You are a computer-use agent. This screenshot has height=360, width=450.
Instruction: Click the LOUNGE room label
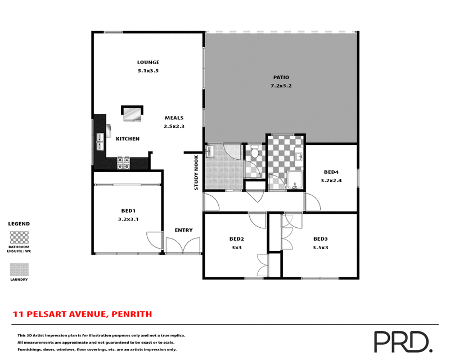(148, 62)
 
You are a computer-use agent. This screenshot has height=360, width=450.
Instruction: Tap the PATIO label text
(281, 77)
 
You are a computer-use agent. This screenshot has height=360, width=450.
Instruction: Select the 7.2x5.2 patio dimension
(281, 86)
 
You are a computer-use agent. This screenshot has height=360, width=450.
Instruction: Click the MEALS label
(174, 118)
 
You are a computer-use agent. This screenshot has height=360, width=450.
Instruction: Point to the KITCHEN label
(128, 139)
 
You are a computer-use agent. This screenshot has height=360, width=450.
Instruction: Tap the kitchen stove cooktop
(123, 163)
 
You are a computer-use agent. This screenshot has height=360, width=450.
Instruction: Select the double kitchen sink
(100, 141)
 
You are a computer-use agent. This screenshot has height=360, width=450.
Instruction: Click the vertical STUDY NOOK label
(196, 173)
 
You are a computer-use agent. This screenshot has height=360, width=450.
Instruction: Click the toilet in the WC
(254, 151)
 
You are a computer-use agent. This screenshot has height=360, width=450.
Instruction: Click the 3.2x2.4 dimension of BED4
(331, 181)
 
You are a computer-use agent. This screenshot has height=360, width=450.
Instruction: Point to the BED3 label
(321, 238)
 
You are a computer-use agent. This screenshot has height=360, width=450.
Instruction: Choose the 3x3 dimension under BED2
(236, 247)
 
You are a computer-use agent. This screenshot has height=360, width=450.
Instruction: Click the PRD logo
(402, 340)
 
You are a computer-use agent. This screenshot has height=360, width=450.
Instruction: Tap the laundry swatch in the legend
(19, 270)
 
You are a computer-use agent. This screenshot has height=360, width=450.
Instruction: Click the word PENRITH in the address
(132, 314)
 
